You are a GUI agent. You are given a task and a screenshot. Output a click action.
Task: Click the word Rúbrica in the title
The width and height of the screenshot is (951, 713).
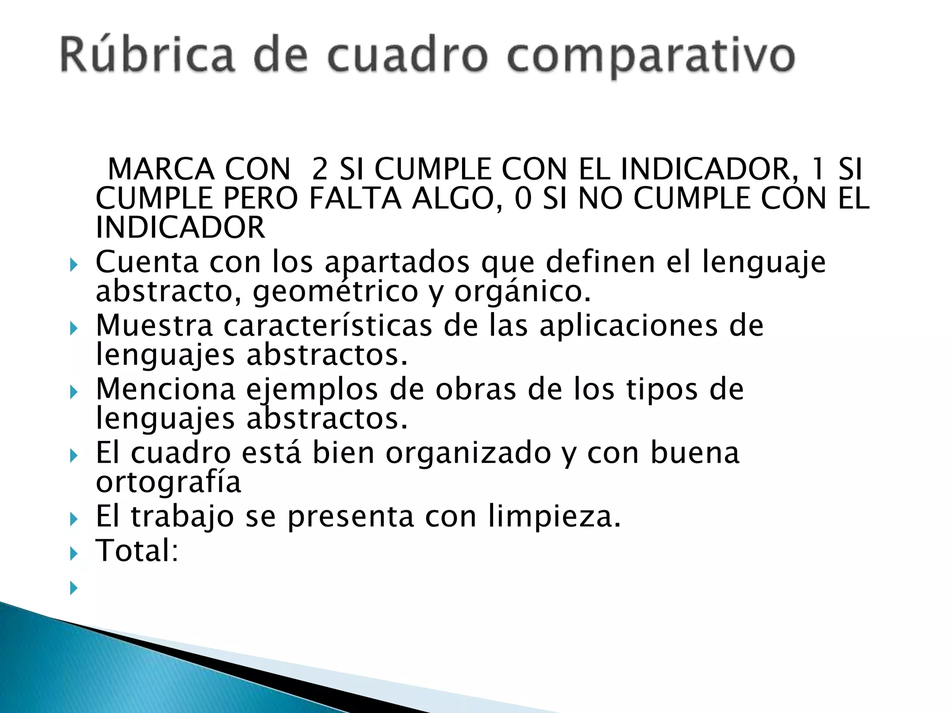pyautogui.click(x=148, y=55)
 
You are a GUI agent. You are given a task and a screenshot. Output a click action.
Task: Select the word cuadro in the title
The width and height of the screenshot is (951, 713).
pyautogui.click(x=408, y=55)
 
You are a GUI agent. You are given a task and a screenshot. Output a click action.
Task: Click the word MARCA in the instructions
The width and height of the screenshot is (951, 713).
pyautogui.click(x=161, y=169)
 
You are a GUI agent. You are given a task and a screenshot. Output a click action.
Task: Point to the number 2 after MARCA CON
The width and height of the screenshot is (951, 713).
pyautogui.click(x=320, y=169)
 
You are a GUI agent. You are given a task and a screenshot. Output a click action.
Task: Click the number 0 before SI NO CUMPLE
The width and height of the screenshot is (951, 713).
pyautogui.click(x=522, y=199)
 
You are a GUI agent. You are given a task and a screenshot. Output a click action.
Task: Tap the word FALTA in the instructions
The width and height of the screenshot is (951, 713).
pyautogui.click(x=355, y=199)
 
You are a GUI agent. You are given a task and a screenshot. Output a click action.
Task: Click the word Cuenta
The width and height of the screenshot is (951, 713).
pyautogui.click(x=147, y=262)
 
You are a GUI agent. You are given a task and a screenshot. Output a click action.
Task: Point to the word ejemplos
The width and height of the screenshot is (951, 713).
pyautogui.click(x=312, y=389)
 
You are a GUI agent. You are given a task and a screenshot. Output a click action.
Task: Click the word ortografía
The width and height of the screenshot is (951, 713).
pyautogui.click(x=168, y=483)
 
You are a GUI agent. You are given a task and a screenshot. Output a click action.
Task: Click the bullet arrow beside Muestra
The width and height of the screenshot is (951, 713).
pyautogui.click(x=73, y=329)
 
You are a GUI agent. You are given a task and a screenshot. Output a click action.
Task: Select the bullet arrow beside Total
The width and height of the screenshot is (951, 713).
pyautogui.click(x=73, y=553)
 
